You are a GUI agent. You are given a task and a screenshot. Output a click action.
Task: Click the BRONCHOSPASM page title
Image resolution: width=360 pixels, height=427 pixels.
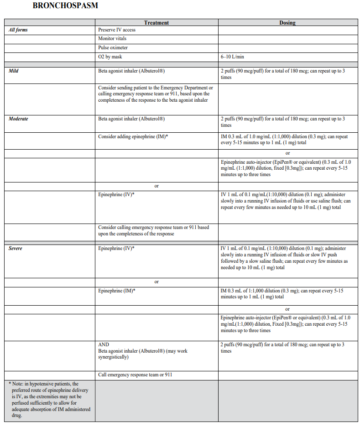[65, 6]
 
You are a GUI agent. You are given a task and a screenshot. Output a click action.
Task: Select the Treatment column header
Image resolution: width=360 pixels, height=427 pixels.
[156, 22]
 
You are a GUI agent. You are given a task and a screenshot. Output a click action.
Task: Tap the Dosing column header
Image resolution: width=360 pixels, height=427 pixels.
[287, 22]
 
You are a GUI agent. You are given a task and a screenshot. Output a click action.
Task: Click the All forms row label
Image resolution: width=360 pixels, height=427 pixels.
[18, 30]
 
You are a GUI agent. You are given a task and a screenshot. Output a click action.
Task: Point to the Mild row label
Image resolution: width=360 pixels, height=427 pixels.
[14, 71]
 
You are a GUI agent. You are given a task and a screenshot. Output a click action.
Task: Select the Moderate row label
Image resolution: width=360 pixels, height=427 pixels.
[18, 119]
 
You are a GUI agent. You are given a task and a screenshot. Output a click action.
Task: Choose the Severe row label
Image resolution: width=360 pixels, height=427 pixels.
[16, 249]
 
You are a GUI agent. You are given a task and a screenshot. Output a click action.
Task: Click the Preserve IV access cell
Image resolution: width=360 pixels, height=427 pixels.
[117, 30]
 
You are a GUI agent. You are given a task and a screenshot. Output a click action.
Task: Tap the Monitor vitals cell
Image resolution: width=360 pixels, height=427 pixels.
[112, 39]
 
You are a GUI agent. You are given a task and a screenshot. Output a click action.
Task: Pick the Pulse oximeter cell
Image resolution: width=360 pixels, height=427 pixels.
[113, 47]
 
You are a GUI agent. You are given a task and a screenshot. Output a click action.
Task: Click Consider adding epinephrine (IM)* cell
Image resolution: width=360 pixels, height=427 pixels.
[133, 136]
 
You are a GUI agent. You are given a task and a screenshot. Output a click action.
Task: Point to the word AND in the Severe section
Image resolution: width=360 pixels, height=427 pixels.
[104, 345]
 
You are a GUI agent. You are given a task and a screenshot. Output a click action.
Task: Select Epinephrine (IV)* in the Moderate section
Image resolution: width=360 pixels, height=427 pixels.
[116, 194]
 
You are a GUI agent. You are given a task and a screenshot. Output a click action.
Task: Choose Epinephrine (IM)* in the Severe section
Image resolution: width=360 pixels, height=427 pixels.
[117, 291]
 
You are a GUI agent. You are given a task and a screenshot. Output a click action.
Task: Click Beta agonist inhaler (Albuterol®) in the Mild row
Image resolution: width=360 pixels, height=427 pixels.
[131, 71]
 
